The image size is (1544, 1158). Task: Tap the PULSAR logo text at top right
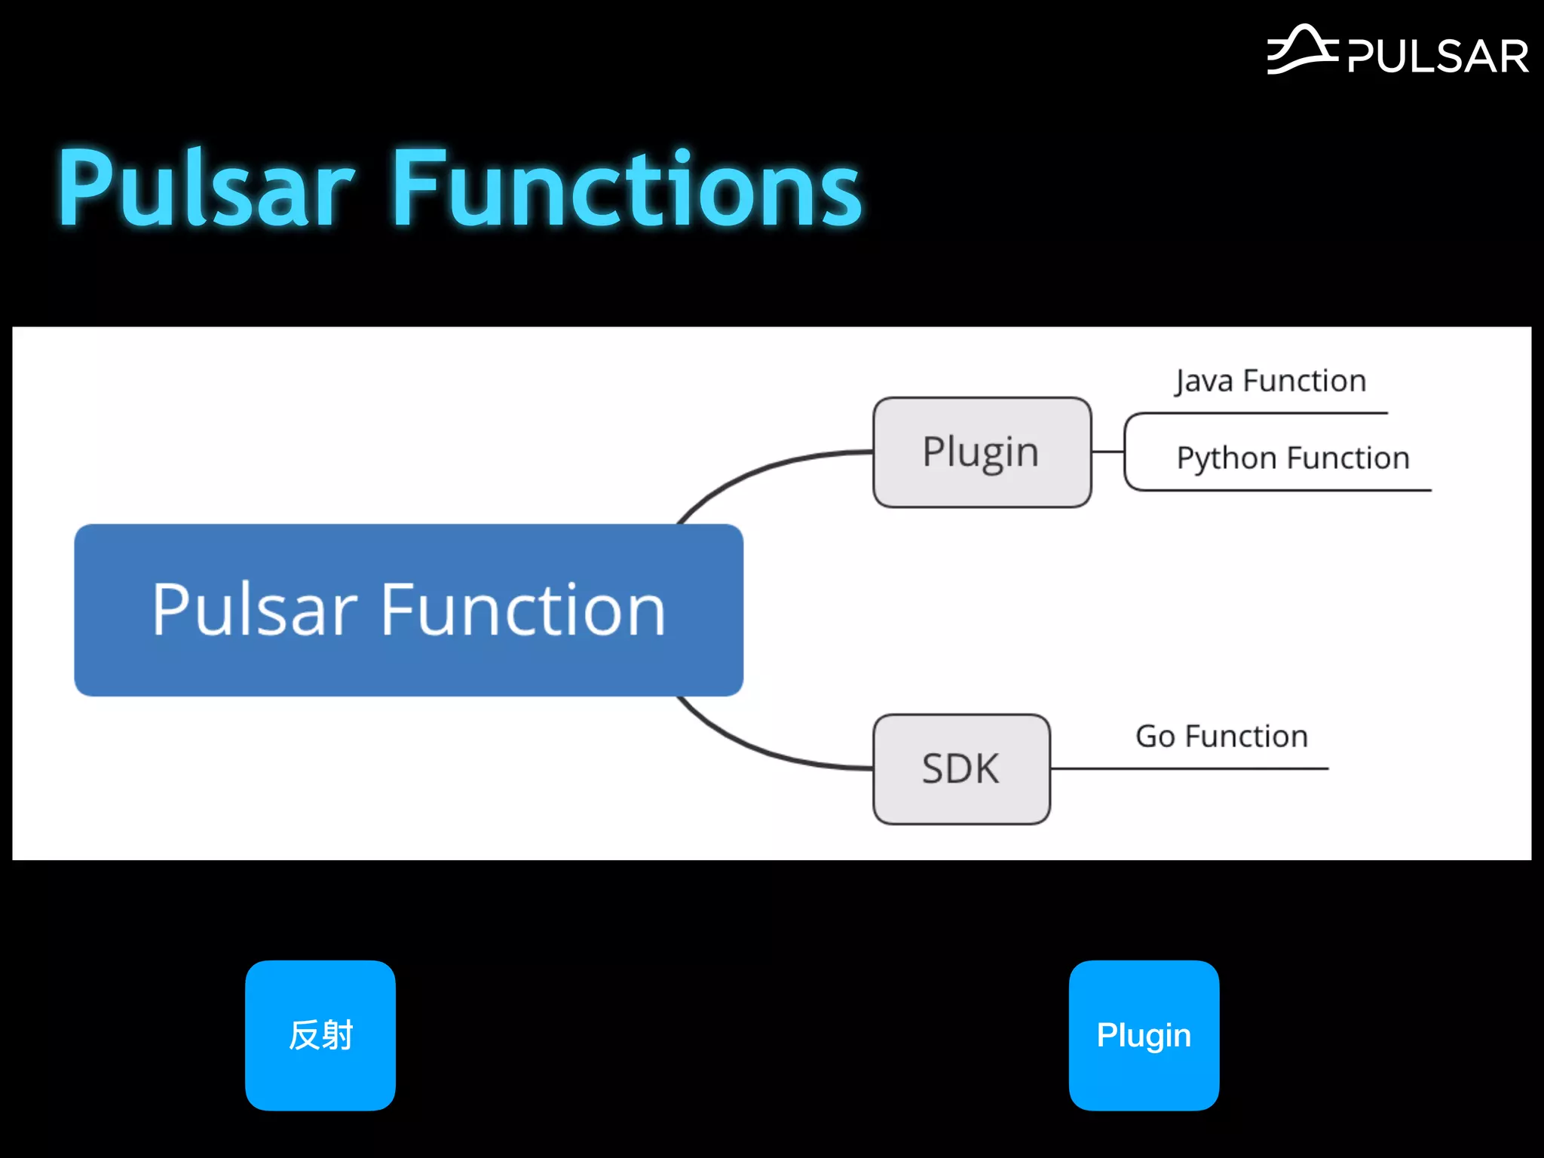point(1437,57)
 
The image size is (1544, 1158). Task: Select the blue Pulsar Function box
point(409,609)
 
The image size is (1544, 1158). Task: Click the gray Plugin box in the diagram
point(982,452)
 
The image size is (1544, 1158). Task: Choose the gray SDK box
point(961,769)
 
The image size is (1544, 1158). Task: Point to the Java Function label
point(1270,381)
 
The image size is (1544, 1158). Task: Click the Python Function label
point(1292,458)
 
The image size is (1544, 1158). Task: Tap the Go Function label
point(1221,736)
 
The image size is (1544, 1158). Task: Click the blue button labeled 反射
point(320,1035)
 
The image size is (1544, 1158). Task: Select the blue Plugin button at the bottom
point(1144,1035)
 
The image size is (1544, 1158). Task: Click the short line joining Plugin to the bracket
point(1107,452)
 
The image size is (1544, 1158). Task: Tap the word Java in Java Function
point(1203,381)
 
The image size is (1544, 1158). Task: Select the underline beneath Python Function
point(1282,490)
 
